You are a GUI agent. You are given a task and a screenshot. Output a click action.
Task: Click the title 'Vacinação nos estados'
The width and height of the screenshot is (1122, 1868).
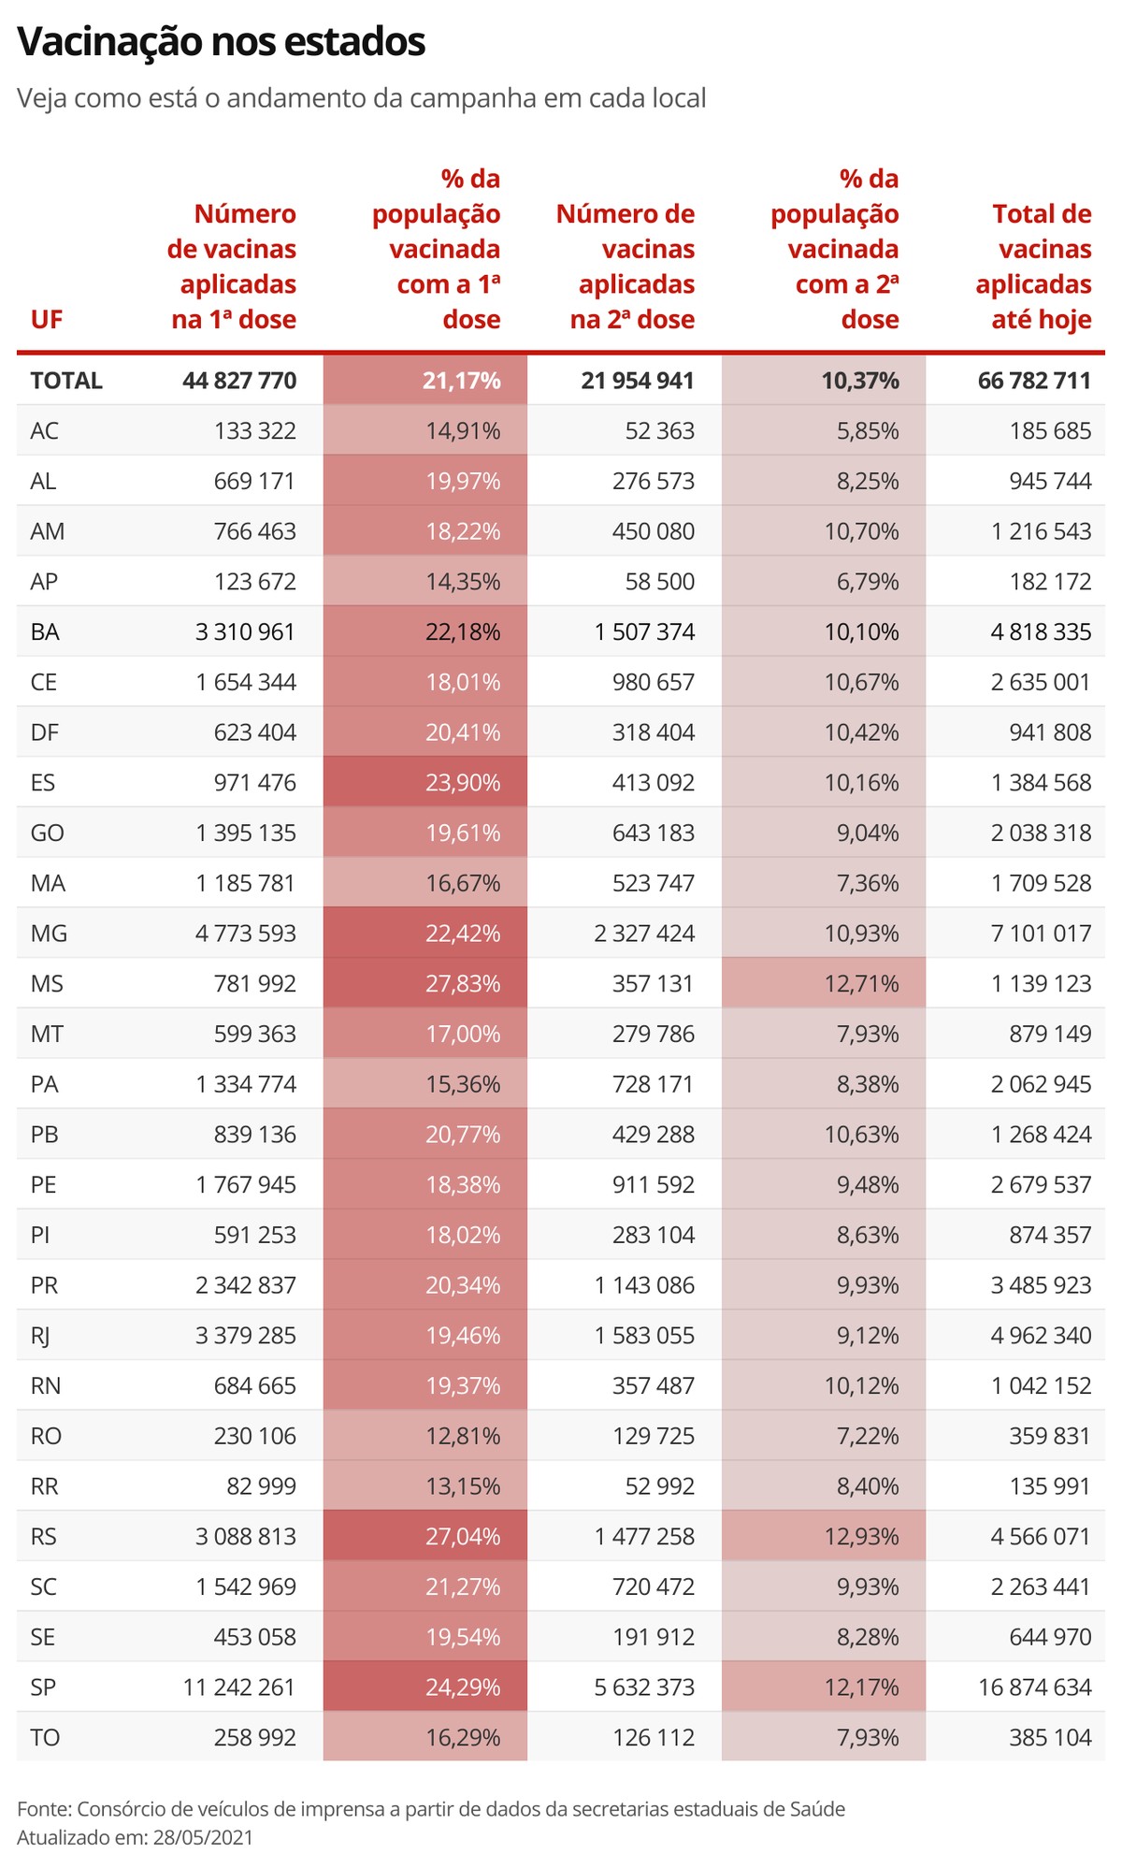tap(222, 42)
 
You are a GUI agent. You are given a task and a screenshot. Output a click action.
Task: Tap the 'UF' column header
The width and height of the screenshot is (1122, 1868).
tap(46, 320)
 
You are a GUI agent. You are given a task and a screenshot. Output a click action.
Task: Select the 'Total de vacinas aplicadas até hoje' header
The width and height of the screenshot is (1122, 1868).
tap(1033, 267)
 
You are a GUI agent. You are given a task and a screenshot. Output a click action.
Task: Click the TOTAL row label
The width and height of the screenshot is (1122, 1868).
tap(66, 381)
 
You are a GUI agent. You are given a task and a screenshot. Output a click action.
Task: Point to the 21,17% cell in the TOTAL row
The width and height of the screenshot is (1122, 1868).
tap(462, 381)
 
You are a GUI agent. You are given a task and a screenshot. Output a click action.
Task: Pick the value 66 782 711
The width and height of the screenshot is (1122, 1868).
tap(1034, 381)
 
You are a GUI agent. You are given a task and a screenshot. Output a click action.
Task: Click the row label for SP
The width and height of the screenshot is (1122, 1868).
tap(43, 1687)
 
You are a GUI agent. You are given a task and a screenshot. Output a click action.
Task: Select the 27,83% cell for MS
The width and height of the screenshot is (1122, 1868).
tap(463, 984)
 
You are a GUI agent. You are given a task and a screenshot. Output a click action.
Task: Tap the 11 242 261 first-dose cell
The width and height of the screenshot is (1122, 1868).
tap(239, 1687)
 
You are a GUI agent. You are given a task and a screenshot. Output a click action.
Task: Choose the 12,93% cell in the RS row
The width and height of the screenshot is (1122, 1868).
tap(861, 1537)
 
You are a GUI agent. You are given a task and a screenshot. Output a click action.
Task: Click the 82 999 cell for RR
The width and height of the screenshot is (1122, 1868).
tap(261, 1486)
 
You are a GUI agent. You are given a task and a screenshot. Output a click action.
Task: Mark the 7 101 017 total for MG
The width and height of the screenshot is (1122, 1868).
tap(1041, 934)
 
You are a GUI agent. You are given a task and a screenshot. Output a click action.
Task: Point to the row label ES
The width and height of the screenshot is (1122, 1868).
tap(43, 783)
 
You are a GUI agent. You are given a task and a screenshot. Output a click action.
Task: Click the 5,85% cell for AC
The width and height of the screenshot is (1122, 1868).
tap(868, 431)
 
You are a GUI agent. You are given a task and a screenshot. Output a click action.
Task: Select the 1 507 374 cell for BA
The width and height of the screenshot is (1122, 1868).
tap(644, 632)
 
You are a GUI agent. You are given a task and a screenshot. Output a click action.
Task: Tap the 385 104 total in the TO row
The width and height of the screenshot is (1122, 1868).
tap(1050, 1738)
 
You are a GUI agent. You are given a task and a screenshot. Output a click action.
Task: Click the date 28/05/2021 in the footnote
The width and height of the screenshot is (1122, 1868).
tap(203, 1836)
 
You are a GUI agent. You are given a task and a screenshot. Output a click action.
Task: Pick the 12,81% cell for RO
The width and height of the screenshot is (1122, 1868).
tap(463, 1436)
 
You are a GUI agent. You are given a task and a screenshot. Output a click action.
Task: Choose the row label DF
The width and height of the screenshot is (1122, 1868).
tap(45, 732)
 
